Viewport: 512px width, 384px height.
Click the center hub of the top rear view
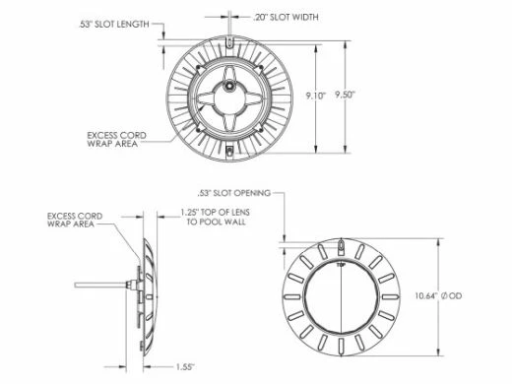[227, 88]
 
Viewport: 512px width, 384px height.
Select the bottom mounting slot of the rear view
[227, 150]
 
